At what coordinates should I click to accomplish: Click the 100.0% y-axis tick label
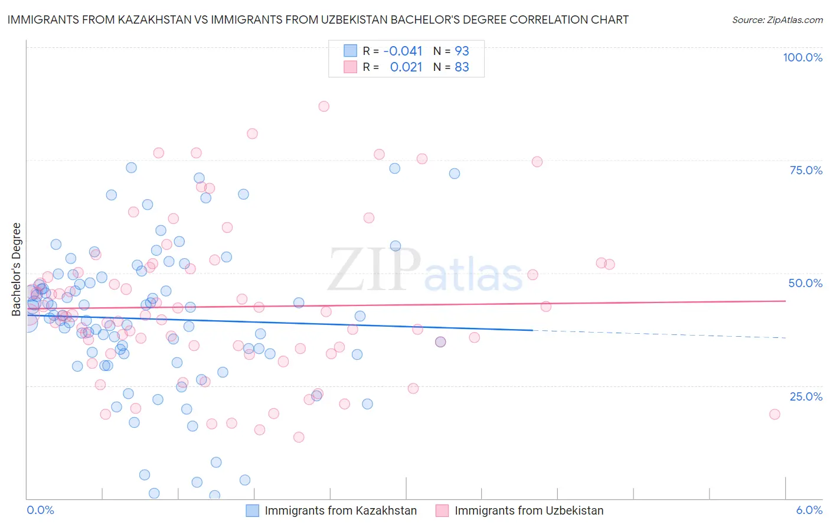pyautogui.click(x=802, y=57)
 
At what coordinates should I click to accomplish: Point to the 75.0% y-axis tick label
pyautogui.click(x=806, y=170)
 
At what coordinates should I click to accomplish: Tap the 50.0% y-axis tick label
pyautogui.click(x=805, y=283)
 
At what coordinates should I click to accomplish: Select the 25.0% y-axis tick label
pyautogui.click(x=806, y=396)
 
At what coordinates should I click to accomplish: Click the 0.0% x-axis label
pyautogui.click(x=40, y=510)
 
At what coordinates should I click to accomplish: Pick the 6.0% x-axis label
pyautogui.click(x=809, y=510)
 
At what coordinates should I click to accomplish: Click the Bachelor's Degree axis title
pyautogui.click(x=16, y=269)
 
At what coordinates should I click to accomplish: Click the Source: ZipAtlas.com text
pyautogui.click(x=777, y=20)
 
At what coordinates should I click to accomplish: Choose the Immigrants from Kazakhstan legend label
pyautogui.click(x=341, y=510)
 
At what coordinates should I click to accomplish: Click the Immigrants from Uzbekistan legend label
pyautogui.click(x=529, y=510)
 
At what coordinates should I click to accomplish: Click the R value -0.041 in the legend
pyautogui.click(x=403, y=51)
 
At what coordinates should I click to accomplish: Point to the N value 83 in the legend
pyautogui.click(x=462, y=67)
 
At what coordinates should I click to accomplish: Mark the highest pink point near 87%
pyautogui.click(x=323, y=106)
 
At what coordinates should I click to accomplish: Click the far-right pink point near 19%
pyautogui.click(x=775, y=414)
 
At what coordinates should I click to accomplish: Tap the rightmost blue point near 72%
pyautogui.click(x=454, y=174)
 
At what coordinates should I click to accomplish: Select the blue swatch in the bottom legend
pyautogui.click(x=253, y=510)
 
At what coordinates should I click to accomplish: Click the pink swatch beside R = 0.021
pyautogui.click(x=350, y=67)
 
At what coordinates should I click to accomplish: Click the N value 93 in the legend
pyautogui.click(x=462, y=51)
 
